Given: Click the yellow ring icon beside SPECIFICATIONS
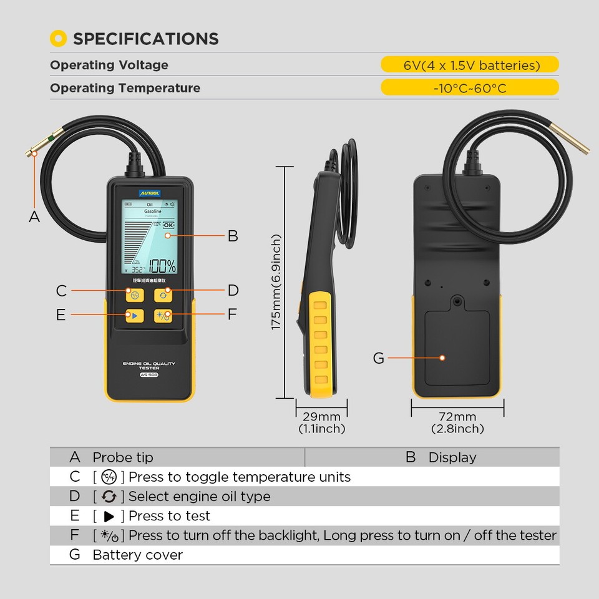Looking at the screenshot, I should coord(58,39).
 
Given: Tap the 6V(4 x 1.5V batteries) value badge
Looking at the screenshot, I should coord(470,65).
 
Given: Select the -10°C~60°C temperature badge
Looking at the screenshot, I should coord(470,88).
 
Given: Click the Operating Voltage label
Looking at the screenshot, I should coord(109,65).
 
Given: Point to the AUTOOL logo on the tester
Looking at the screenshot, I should coord(150,193).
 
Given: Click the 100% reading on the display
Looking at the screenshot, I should coord(162,266).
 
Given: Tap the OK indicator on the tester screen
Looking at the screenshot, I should coord(168,225).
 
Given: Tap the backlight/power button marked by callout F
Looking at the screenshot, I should coord(163,315).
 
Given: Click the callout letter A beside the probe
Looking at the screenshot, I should coord(34,217).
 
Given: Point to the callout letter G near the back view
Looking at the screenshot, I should coord(378,358).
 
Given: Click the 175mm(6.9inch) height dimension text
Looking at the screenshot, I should coord(276,282).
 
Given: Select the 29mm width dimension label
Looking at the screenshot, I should coord(321,417).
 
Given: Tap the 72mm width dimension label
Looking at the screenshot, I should coord(457,417).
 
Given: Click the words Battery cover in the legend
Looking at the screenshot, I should coord(137,555).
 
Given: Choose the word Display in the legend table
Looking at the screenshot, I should coord(452,457).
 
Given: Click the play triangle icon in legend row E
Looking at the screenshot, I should coord(109,516).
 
